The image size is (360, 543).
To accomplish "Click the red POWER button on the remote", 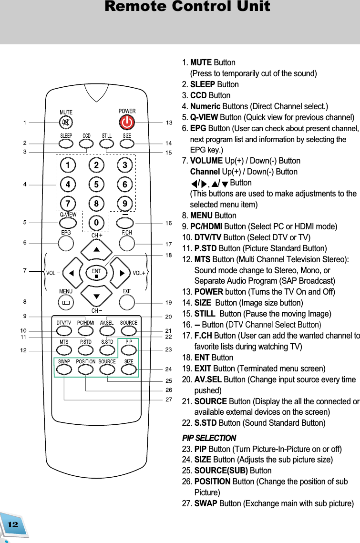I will (x=127, y=123).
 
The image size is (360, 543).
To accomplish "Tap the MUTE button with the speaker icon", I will (x=66, y=123).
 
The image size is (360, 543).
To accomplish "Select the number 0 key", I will (x=96, y=223).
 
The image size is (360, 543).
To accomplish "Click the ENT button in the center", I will (x=96, y=273).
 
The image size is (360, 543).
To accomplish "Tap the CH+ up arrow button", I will (x=96, y=249).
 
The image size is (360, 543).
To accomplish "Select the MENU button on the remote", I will (x=66, y=302).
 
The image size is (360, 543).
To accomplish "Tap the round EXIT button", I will (x=127, y=302).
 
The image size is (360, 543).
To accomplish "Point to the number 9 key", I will (x=125, y=204).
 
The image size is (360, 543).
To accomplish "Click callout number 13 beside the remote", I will (x=169, y=123).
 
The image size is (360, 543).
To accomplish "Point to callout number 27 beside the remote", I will (x=169, y=400).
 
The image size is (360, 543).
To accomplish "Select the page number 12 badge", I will (x=13, y=524).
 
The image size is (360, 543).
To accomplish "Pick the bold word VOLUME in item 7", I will (x=206, y=161).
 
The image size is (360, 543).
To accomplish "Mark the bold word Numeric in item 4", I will (x=205, y=106).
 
